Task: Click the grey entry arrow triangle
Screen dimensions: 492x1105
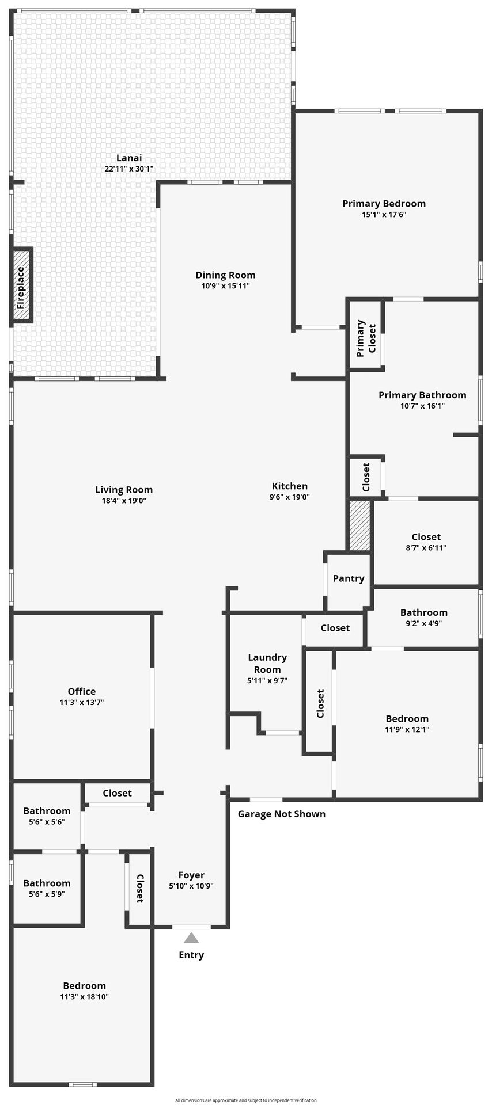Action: coord(191,938)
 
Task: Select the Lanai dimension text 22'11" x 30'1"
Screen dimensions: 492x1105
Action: coord(129,169)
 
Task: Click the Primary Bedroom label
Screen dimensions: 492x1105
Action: coord(384,203)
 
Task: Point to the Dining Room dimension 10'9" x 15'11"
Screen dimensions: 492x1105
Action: coord(225,286)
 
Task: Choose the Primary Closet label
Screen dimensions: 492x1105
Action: coord(366,338)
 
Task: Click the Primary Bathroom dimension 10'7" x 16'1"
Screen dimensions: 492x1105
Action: coord(422,406)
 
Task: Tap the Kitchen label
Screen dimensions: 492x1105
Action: coord(290,486)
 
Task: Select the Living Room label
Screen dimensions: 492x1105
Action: coord(124,490)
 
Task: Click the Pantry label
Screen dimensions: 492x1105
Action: coord(349,578)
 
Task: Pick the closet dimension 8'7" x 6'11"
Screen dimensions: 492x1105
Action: coord(426,548)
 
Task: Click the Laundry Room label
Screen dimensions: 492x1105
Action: coord(267,663)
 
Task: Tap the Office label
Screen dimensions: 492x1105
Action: coord(82,692)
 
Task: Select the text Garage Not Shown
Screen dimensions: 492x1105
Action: coord(282,814)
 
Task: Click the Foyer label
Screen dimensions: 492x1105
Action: coord(191,875)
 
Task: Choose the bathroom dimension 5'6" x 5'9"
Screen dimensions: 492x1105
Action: coord(47,894)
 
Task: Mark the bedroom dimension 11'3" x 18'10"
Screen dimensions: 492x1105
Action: coord(85,997)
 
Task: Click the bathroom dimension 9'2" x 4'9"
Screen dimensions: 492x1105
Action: coord(424,623)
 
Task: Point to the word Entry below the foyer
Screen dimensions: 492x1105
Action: coord(191,955)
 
